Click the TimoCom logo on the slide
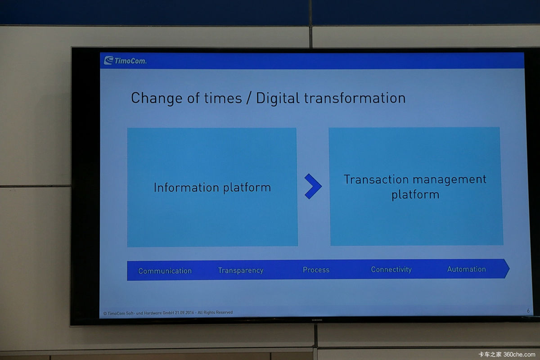coord(125,60)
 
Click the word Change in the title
coord(157,99)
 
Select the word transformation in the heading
coord(355,98)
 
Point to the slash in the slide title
coord(248,98)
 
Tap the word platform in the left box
coord(247,188)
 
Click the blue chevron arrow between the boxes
coord(313,186)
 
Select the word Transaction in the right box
coord(376,180)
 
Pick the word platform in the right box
coord(415,194)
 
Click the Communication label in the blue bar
coord(165,271)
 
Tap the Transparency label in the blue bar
coord(241,270)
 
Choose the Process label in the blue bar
coord(316,270)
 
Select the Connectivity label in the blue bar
coord(391,270)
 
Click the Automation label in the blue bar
coord(467,269)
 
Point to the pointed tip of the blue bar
coord(509,269)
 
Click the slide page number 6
coord(528,310)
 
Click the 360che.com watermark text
coord(519,354)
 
